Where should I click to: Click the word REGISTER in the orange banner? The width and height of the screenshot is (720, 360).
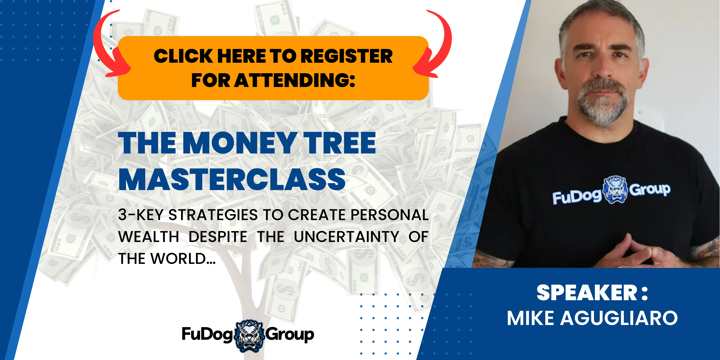click(x=348, y=56)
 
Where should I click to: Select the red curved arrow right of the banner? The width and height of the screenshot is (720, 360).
click(x=435, y=45)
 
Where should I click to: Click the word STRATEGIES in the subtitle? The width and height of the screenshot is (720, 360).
click(x=213, y=215)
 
